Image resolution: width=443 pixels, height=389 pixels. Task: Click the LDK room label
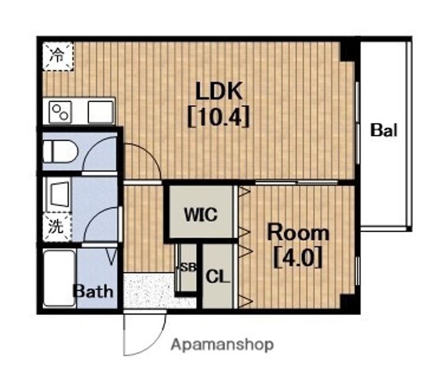click(219, 91)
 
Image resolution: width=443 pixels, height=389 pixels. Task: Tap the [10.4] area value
click(218, 116)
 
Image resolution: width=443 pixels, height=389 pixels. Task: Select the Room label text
click(298, 233)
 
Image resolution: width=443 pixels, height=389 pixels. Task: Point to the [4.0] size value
click(298, 257)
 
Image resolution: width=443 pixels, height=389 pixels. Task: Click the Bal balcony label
click(384, 130)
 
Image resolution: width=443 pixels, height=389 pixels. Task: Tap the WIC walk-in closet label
click(201, 215)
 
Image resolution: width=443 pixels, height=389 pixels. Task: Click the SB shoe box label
click(188, 267)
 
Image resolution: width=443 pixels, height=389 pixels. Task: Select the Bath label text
click(93, 291)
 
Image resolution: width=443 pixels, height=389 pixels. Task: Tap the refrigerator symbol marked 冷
click(58, 55)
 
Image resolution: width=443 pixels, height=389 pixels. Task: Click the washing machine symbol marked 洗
click(57, 227)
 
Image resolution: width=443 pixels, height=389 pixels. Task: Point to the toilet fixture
click(60, 151)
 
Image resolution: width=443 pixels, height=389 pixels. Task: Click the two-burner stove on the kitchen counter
click(60, 112)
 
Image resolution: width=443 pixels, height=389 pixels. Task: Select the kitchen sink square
click(100, 112)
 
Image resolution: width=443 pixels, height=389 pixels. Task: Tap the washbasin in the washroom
click(60, 194)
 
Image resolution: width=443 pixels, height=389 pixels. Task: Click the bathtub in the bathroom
click(59, 278)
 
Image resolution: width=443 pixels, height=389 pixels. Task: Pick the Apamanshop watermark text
click(222, 345)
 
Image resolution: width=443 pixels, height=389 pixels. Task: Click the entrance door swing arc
click(154, 345)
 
